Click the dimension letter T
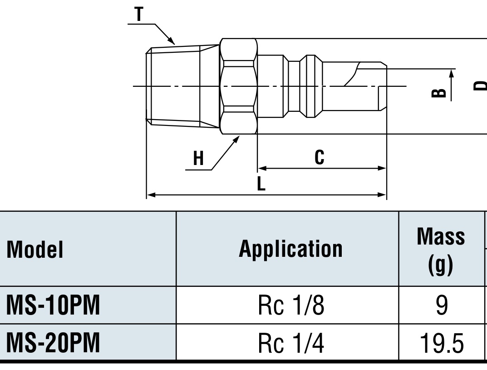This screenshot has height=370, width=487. [139, 14]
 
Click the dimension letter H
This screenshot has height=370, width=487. [198, 158]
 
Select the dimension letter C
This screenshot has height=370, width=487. [319, 157]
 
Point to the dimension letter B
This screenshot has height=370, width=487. [439, 93]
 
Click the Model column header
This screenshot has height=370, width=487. [34, 250]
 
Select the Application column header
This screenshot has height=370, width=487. [290, 249]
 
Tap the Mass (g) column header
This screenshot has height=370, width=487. [441, 251]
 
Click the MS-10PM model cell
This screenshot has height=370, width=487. [53, 305]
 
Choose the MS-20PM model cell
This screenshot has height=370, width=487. [53, 343]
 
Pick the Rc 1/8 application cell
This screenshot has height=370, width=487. [291, 305]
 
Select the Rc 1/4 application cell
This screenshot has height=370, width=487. [291, 343]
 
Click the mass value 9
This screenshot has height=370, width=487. [442, 305]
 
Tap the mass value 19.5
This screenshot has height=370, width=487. [441, 343]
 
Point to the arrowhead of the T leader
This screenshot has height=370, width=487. [172, 41]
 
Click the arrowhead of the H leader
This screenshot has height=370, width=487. [236, 139]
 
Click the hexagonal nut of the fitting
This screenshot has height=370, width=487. [239, 86]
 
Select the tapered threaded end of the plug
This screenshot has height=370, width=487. [182, 86]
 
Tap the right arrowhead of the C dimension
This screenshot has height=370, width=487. [382, 168]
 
